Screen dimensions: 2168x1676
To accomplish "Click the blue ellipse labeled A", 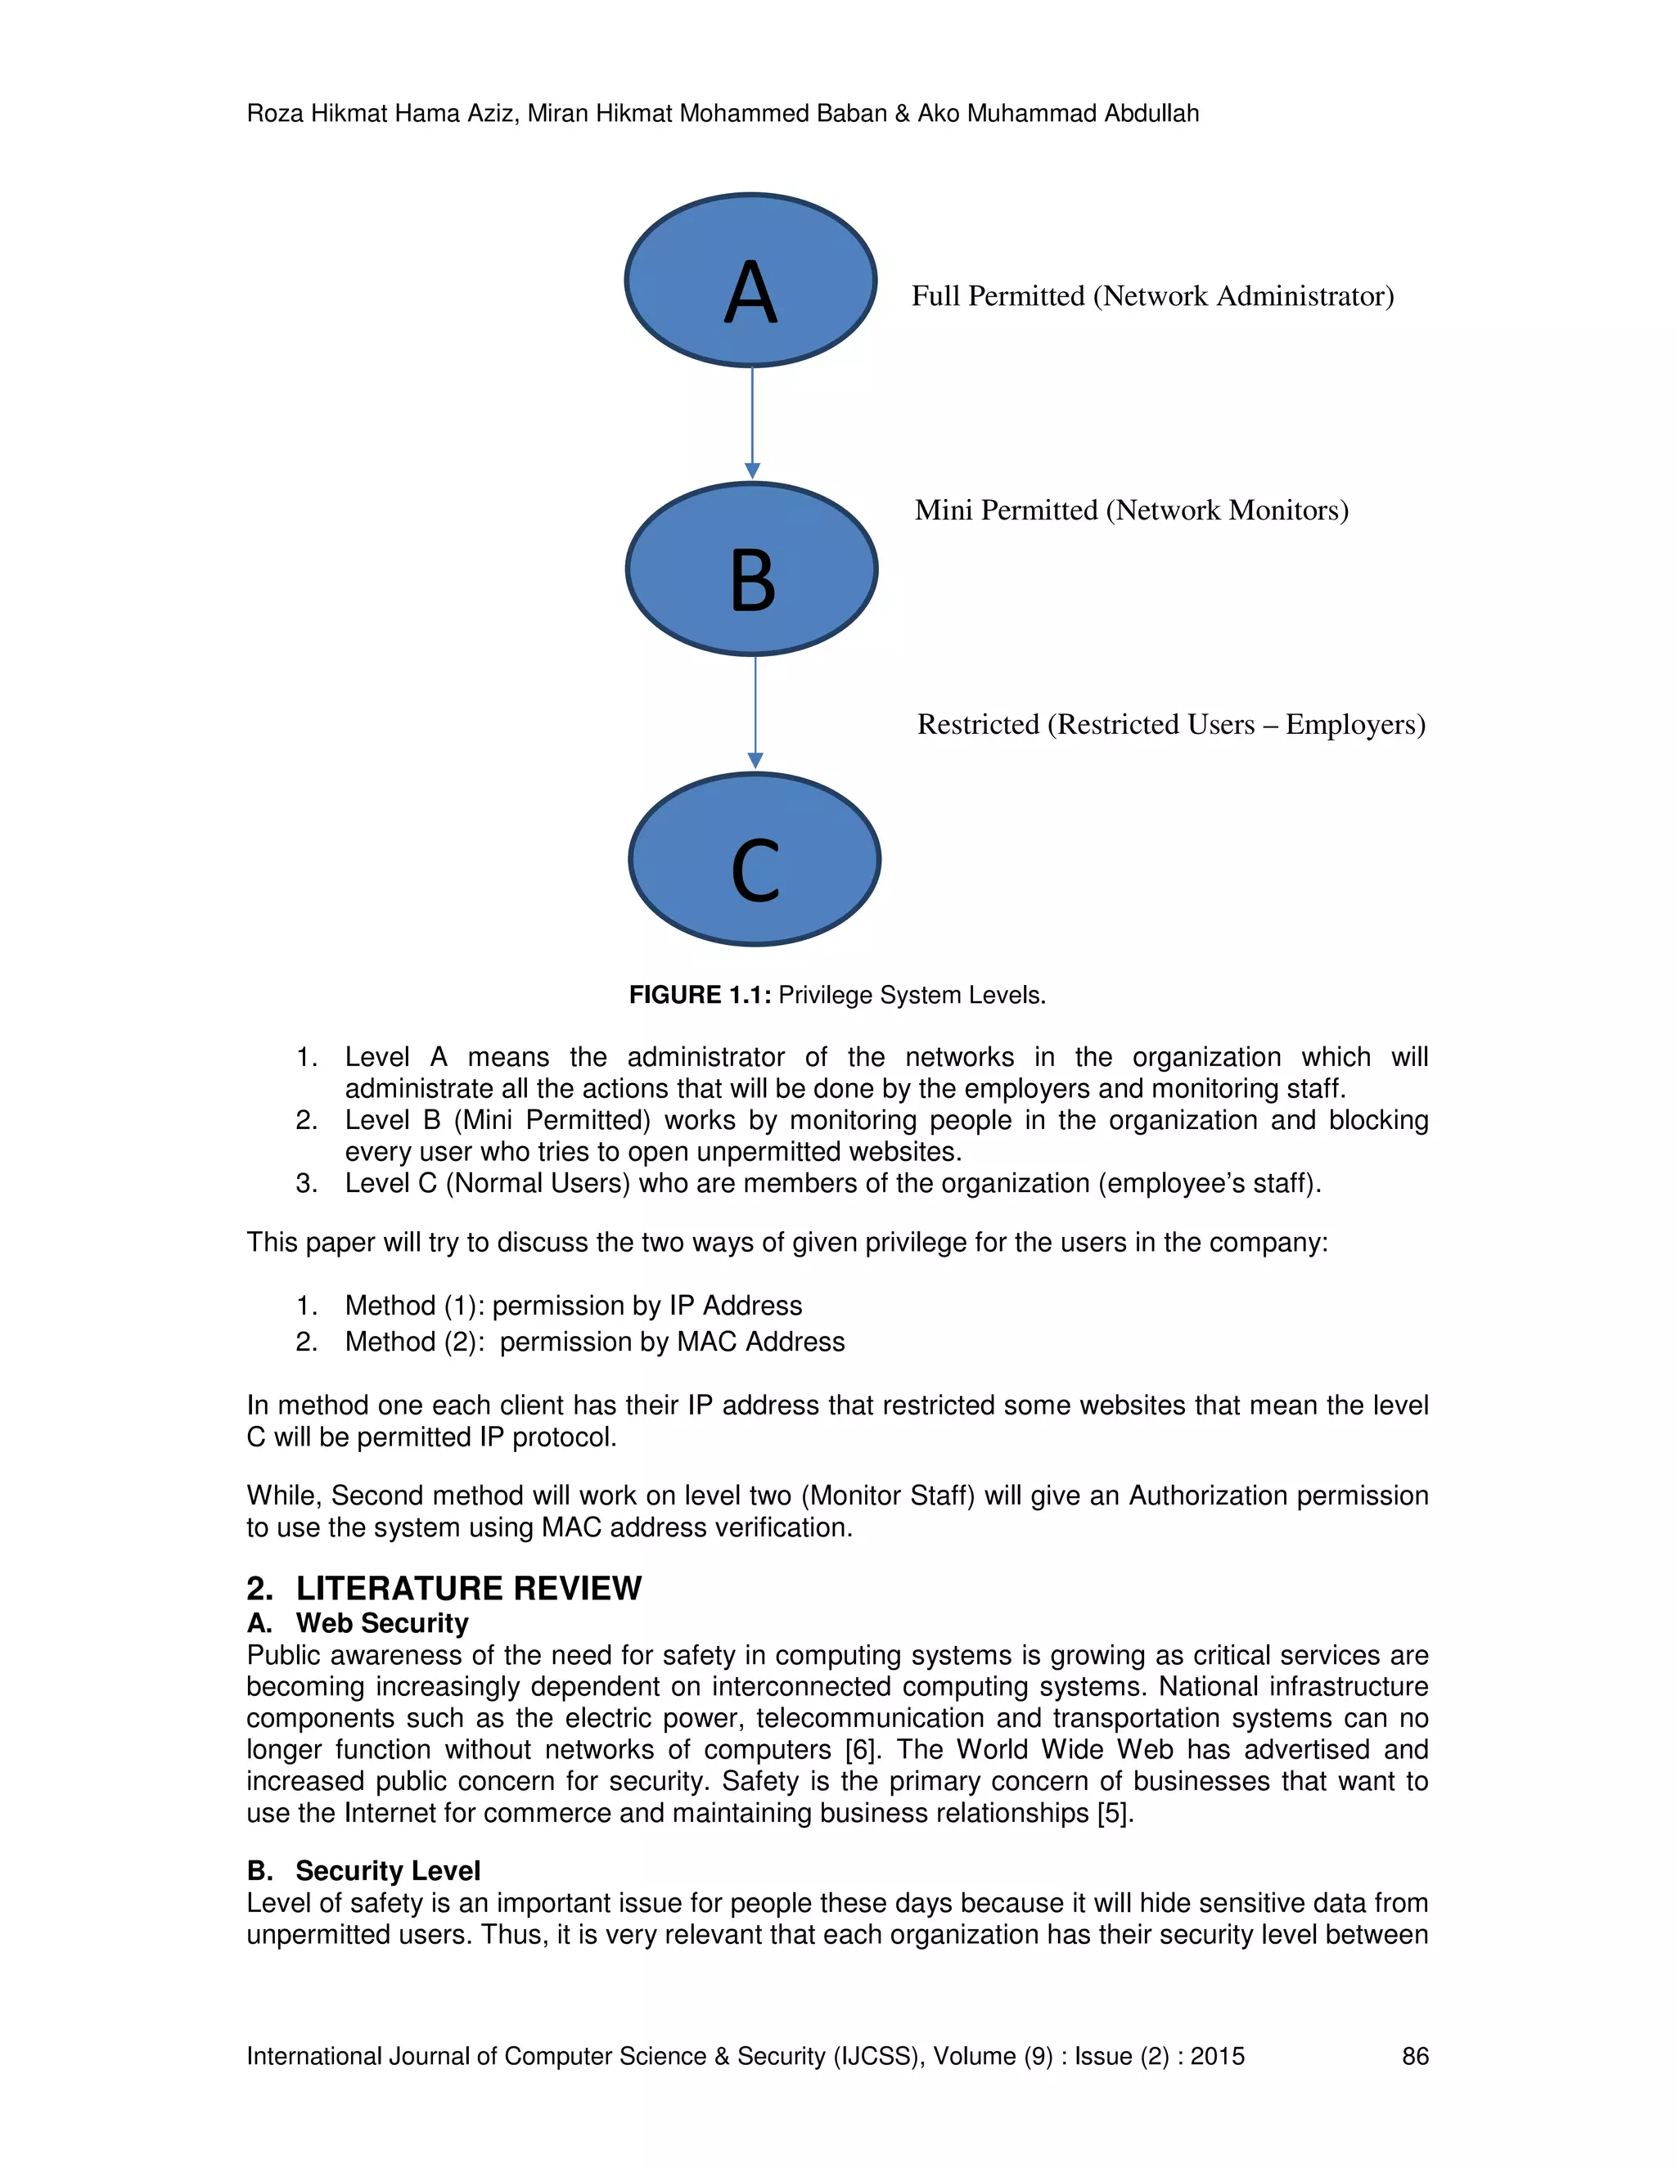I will click(750, 281).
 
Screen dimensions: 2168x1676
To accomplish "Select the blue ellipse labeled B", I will click(751, 569).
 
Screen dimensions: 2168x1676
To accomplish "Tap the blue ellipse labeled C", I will click(755, 860).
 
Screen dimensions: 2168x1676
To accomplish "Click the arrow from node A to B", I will click(751, 422).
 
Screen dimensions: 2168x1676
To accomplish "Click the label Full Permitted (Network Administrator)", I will click(1151, 296).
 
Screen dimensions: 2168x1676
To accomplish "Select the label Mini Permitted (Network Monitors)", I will click(1131, 511).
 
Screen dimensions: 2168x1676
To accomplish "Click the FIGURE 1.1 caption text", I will click(837, 995).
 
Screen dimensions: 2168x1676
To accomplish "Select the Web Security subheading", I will click(381, 1623).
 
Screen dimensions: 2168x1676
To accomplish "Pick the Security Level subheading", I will click(387, 1870).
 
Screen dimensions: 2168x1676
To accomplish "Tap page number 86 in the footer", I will click(1415, 2056).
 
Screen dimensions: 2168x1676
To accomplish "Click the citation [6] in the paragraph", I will click(860, 1749).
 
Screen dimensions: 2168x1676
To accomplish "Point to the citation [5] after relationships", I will click(1114, 1813).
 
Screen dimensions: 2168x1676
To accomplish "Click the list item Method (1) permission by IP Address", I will click(573, 1306).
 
